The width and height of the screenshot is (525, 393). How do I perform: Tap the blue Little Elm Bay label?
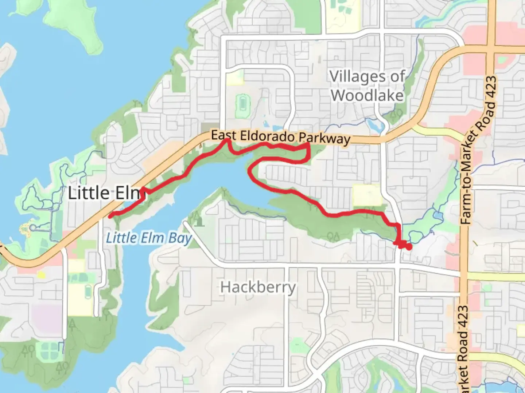(148, 238)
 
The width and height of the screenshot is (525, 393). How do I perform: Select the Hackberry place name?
(258, 287)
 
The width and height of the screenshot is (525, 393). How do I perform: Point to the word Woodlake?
(367, 96)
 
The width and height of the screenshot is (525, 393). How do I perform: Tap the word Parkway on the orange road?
(324, 138)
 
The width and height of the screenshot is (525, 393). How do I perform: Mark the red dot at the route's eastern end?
(409, 247)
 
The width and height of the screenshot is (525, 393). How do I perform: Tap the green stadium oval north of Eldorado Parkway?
(241, 104)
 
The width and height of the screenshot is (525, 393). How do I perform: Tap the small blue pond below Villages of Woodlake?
(377, 126)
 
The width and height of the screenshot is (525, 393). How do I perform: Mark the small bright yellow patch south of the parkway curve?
(42, 275)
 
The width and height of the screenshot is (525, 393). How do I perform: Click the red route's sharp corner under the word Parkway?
(309, 145)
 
